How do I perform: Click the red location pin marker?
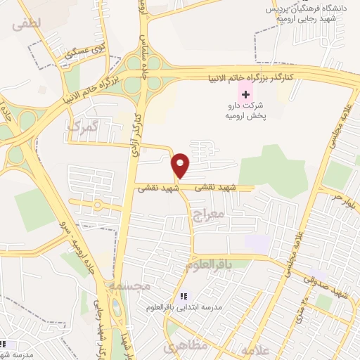coord(181,165)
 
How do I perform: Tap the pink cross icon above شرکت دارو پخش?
coord(245,93)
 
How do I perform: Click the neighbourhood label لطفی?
coord(27,23)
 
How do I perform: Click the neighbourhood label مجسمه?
coord(131,285)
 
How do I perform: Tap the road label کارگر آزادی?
coord(135,127)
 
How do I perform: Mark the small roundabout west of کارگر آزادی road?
coord(97,205)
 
